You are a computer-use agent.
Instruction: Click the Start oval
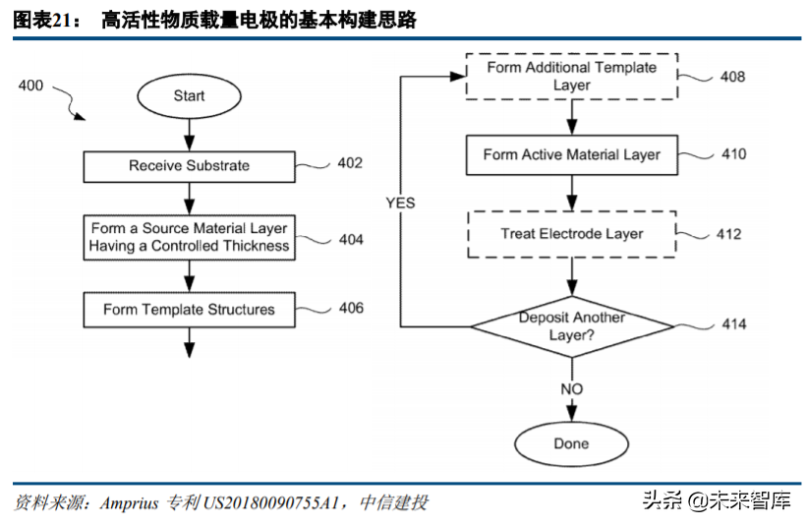189,95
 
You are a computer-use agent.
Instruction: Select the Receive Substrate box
189,165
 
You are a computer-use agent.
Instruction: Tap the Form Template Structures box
189,310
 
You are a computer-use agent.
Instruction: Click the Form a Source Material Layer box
189,237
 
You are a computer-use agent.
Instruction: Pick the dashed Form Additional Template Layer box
571,77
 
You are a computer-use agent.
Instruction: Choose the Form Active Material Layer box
571,155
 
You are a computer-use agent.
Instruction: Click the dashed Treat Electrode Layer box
571,234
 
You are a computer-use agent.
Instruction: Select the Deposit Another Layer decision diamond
571,326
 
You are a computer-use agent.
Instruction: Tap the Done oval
571,443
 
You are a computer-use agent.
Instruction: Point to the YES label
400,204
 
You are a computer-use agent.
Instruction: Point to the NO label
571,389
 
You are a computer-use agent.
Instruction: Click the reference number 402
349,163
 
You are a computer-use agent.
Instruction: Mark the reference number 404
351,240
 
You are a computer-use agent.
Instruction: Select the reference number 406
350,309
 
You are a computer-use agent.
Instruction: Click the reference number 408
732,77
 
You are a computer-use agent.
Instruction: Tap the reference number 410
733,154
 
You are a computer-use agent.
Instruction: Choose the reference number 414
733,324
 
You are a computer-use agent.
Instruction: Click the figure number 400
30,87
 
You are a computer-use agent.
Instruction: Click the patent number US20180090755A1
270,502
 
